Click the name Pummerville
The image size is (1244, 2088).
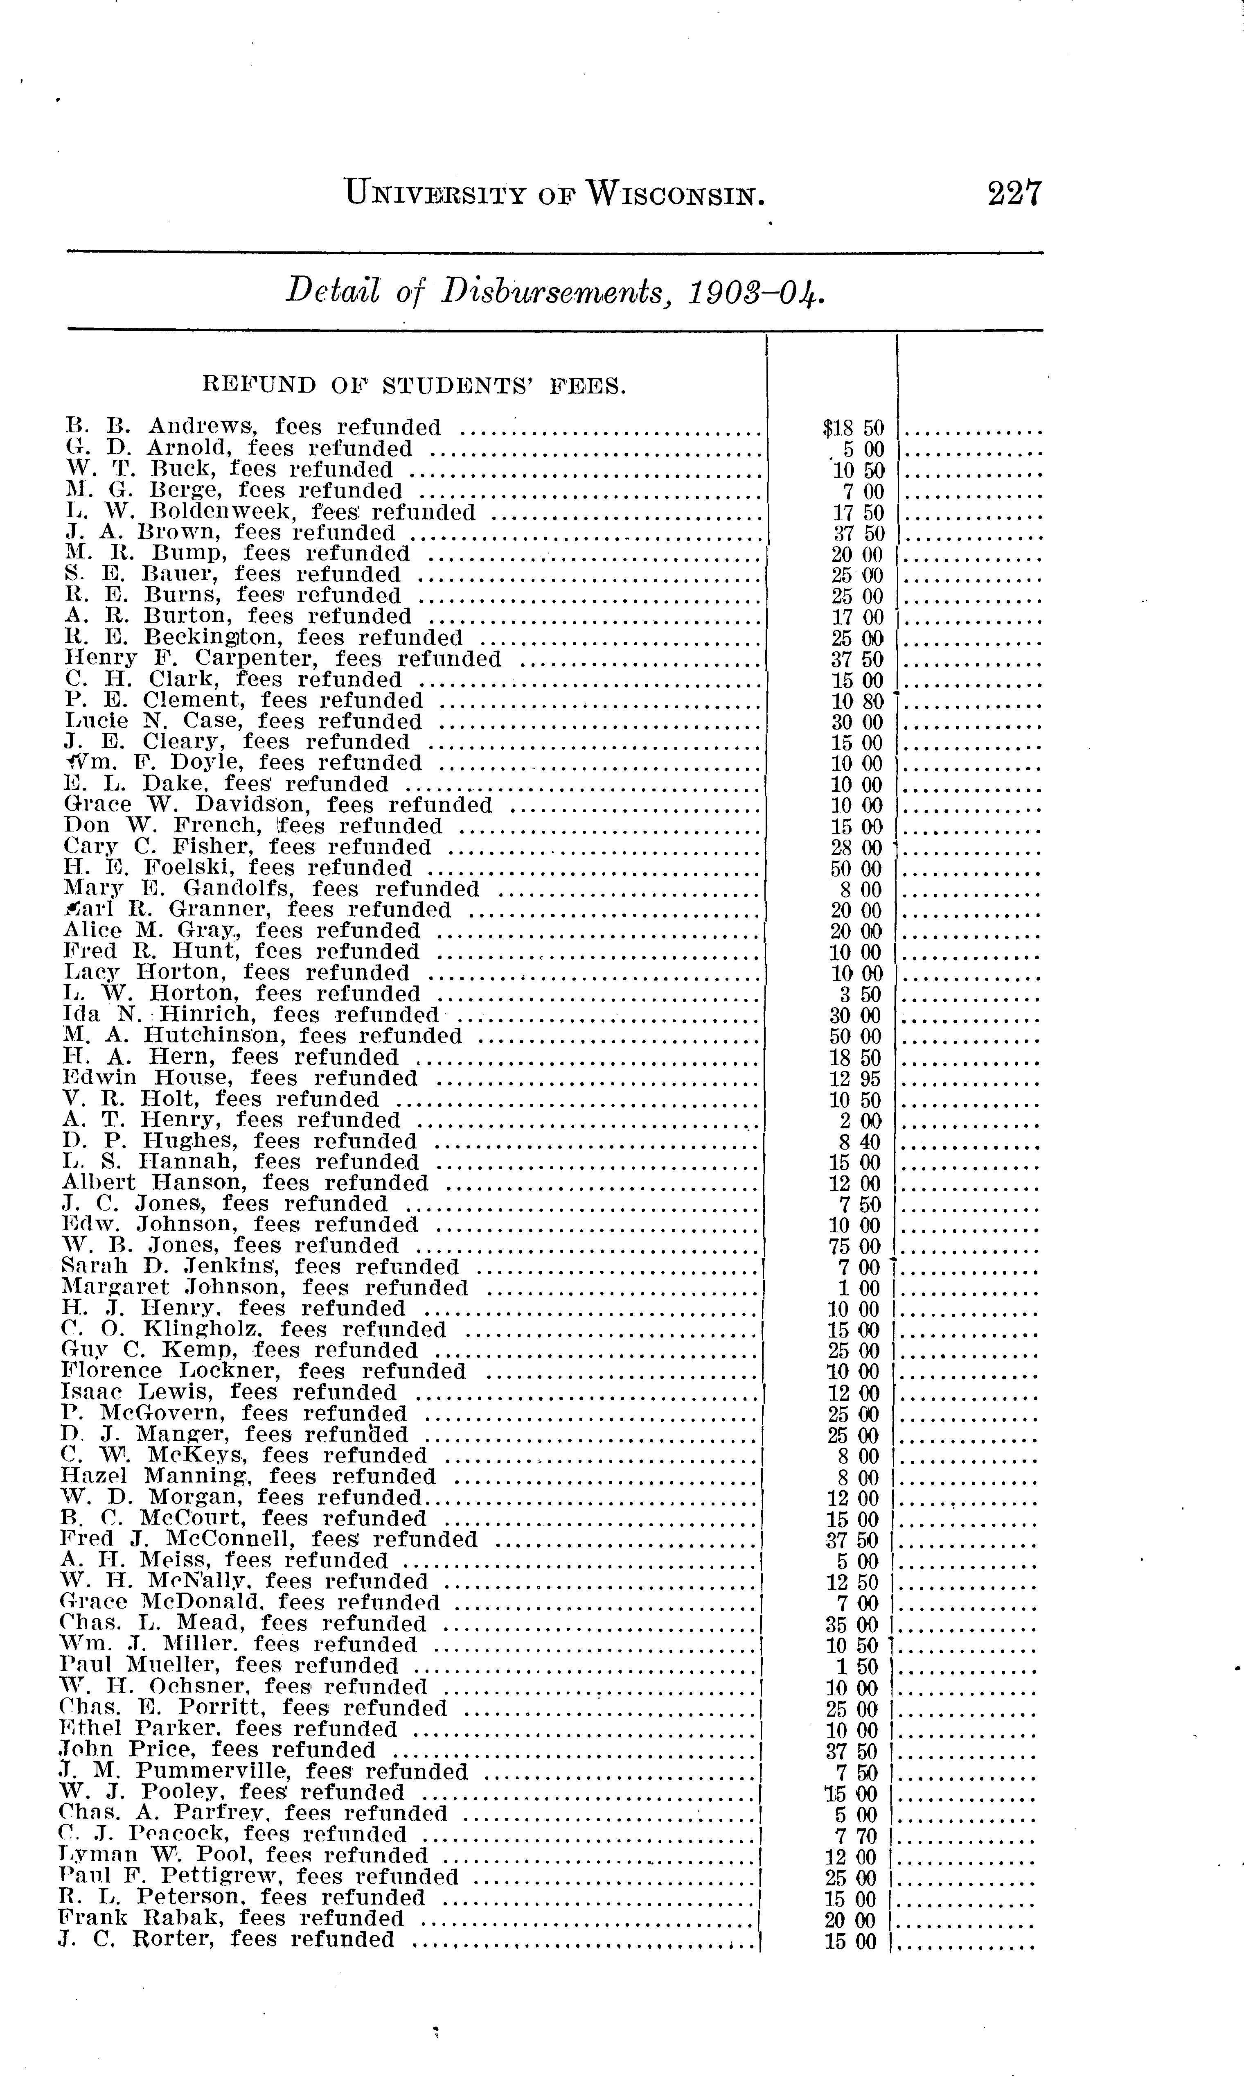[x=213, y=1771]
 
